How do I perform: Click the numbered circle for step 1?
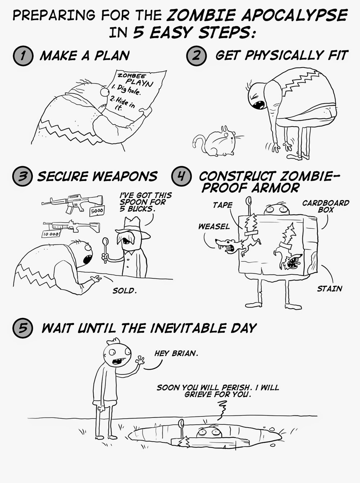pyautogui.click(x=23, y=56)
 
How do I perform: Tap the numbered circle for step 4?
pyautogui.click(x=181, y=176)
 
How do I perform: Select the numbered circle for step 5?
pyautogui.click(x=23, y=328)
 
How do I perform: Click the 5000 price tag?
pyautogui.click(x=97, y=211)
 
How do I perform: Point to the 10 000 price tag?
pyautogui.click(x=51, y=234)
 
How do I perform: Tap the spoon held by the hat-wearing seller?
pyautogui.click(x=105, y=250)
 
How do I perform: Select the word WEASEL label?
pyautogui.click(x=214, y=227)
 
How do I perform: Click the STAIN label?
pyautogui.click(x=329, y=289)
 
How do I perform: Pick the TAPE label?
pyautogui.click(x=222, y=205)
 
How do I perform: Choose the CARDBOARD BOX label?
pyautogui.click(x=325, y=206)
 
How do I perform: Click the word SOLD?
pyautogui.click(x=125, y=291)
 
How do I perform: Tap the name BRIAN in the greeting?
pyautogui.click(x=185, y=353)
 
